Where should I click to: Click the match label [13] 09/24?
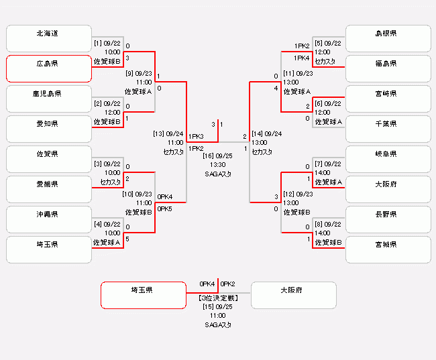(x=168, y=133)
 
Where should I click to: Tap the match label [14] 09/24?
(x=266, y=133)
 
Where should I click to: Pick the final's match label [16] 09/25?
(x=217, y=155)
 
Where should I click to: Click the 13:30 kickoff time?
(x=217, y=164)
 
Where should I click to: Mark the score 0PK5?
(x=165, y=208)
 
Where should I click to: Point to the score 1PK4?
(x=302, y=58)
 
